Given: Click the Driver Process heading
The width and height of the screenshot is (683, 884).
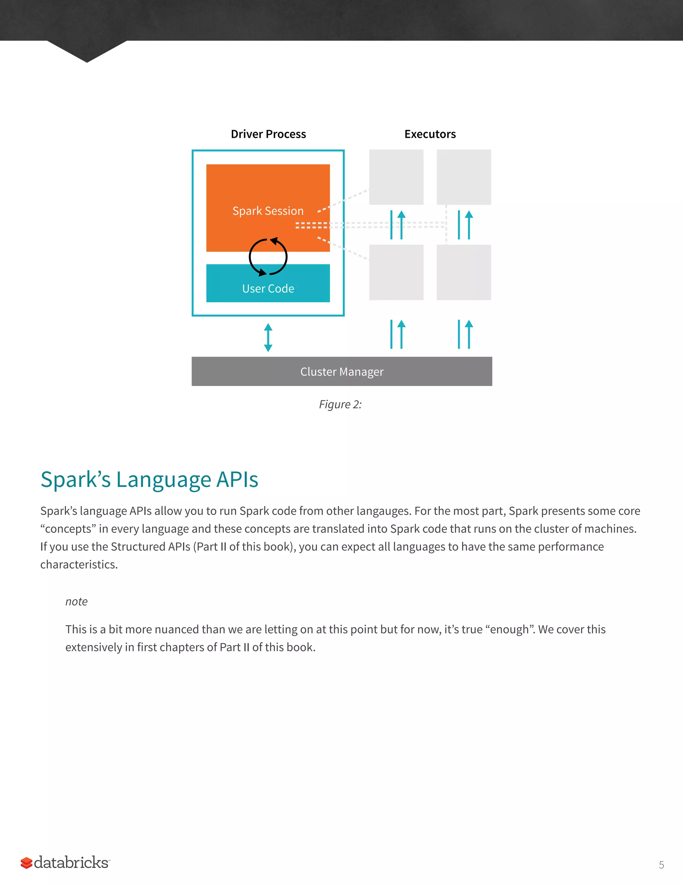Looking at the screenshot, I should tap(268, 134).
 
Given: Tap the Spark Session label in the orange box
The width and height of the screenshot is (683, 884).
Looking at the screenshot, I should tap(268, 211).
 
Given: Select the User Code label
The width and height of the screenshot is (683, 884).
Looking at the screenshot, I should tap(268, 289).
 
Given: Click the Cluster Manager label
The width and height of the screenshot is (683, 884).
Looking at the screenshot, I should tap(342, 372).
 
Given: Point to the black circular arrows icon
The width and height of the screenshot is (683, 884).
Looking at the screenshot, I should tap(268, 257).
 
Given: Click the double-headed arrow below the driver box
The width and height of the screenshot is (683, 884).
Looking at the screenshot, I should tap(268, 337).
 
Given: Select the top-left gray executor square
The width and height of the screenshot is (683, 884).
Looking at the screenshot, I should tap(396, 177).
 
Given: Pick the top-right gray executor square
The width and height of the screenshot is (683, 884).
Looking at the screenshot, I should tap(464, 177).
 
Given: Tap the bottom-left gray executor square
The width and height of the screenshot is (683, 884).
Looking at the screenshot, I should tap(396, 272).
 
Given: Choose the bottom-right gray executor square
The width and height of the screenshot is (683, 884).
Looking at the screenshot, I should tap(464, 272).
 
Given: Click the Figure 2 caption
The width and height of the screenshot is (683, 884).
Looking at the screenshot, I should tap(340, 404).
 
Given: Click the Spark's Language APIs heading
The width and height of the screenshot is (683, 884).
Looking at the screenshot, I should tap(149, 480).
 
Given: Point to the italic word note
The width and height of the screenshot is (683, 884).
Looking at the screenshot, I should tap(76, 601).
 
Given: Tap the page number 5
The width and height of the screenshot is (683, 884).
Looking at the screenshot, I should tap(661, 865).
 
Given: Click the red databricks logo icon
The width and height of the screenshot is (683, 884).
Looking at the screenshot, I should tap(27, 863).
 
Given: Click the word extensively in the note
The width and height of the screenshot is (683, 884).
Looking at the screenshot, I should tap(93, 647).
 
